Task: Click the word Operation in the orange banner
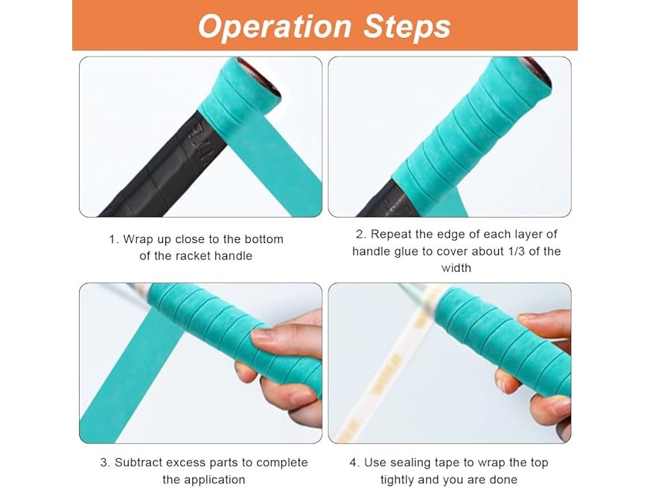pyautogui.click(x=275, y=28)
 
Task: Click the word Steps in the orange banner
pyautogui.click(x=407, y=28)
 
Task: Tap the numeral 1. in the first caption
pyautogui.click(x=114, y=239)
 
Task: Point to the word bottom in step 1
pyautogui.click(x=264, y=239)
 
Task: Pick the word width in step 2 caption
pyautogui.click(x=456, y=268)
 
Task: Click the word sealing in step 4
pyautogui.click(x=410, y=463)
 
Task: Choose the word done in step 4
pyautogui.click(x=503, y=480)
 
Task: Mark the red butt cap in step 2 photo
pyautogui.click(x=537, y=72)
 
